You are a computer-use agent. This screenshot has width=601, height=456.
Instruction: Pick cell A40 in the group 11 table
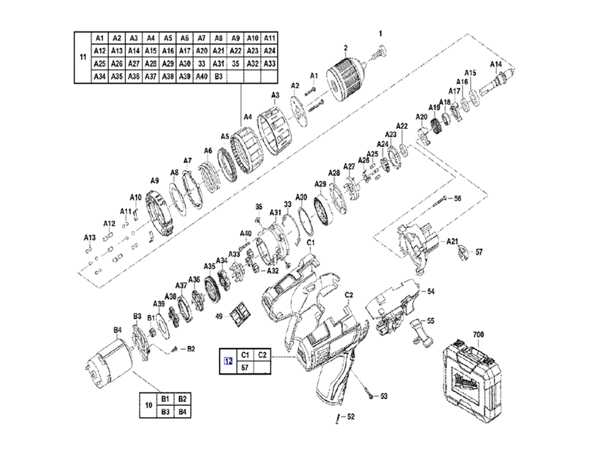201,76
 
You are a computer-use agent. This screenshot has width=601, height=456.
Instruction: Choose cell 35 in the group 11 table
235,64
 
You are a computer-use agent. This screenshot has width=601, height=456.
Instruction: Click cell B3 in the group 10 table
165,412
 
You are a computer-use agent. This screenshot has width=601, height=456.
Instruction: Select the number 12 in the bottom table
228,361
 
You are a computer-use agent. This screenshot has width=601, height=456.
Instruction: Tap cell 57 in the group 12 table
245,367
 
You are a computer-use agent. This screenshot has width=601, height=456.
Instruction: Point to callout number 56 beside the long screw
457,199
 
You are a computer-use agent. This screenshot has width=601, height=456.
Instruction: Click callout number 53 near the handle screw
383,396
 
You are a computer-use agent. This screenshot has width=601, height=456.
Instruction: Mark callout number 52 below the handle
351,417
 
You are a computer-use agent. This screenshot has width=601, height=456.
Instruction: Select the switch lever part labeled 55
422,329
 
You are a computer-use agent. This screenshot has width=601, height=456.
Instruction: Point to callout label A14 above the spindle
496,64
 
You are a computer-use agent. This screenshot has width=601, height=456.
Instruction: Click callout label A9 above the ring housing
155,181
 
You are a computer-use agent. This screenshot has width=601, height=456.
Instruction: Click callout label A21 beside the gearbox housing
453,241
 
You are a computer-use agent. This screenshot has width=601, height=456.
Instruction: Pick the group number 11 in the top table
83,57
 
